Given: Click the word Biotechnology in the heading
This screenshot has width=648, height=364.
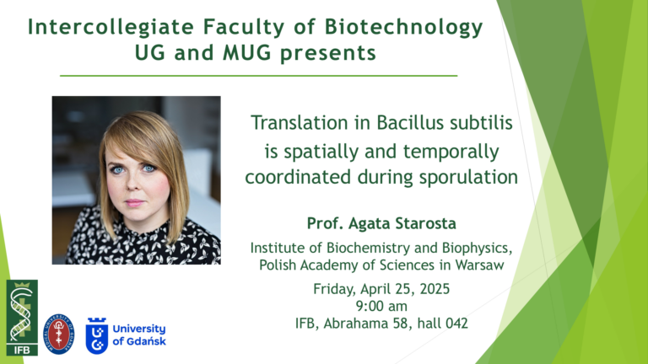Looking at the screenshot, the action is click(403, 28).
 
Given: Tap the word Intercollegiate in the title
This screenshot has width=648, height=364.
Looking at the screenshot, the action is click(111, 28).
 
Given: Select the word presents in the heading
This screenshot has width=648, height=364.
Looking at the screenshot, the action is click(328, 54).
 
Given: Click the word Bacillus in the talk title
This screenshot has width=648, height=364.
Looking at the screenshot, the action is click(410, 122).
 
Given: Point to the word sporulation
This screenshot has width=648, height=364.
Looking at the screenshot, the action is click(468, 178).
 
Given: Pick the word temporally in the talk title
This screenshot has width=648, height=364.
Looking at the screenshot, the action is click(451, 152).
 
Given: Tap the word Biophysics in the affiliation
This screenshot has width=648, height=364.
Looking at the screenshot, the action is click(477, 248).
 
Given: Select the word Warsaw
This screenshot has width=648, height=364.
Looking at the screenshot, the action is click(479, 265).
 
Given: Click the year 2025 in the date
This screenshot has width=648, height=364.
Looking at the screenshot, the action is click(435, 289).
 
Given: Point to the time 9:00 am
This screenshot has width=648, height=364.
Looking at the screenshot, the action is click(381, 306).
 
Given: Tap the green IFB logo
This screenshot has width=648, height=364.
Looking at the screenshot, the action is click(22, 318).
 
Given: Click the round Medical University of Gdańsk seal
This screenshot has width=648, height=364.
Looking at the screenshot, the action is click(59, 334).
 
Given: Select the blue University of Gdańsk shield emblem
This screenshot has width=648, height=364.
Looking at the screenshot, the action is click(97, 335).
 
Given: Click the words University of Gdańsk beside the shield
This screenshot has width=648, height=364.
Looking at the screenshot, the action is click(139, 335).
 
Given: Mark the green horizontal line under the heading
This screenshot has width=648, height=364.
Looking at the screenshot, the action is click(259, 76).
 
